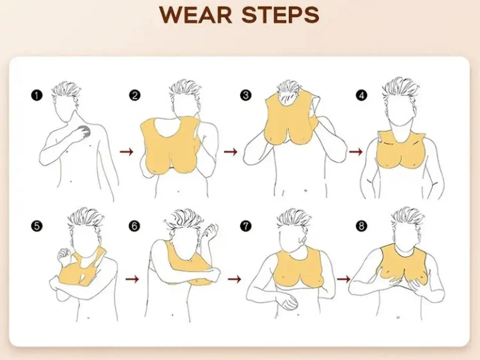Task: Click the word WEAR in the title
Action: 196,15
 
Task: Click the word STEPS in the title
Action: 280,15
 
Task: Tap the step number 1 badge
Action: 36,96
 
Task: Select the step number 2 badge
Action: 135,96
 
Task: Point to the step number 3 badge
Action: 246,96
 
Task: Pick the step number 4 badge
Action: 361,96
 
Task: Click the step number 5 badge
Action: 37,226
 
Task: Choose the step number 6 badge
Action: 134,226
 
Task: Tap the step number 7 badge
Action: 246,226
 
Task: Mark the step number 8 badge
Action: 361,226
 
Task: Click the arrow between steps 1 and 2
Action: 127,151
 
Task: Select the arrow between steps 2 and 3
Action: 231,151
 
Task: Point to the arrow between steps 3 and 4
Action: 355,151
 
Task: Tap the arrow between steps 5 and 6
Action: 132,279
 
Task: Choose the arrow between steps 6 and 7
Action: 234,279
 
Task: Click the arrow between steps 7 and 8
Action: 344,279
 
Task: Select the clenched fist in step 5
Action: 64,255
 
